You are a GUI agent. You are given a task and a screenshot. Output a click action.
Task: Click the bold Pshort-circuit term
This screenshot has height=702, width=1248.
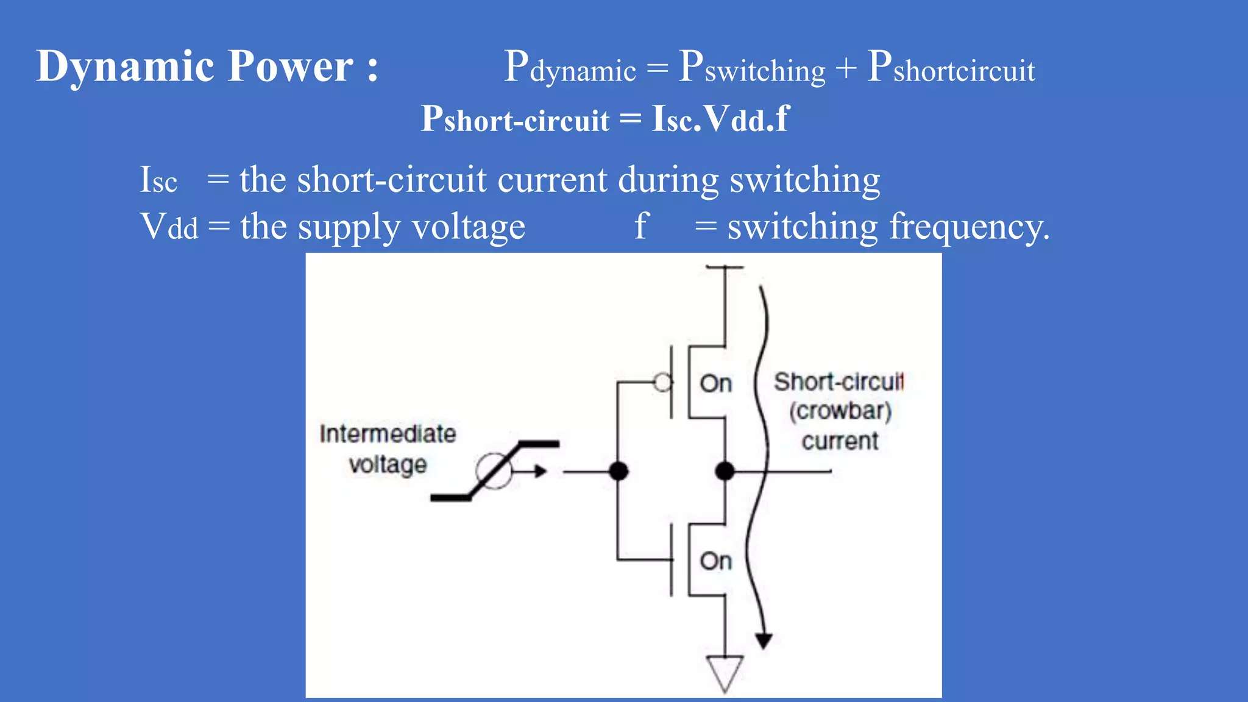click(x=515, y=118)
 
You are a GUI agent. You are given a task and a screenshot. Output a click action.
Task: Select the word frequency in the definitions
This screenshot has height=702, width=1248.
click(x=969, y=227)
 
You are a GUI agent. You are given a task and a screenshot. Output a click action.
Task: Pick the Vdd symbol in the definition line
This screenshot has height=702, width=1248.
click(x=169, y=227)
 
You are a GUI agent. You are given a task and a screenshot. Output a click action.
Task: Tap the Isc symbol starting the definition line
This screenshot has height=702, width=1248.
click(x=158, y=180)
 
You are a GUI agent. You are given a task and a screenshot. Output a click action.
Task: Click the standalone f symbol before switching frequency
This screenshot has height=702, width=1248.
click(x=641, y=225)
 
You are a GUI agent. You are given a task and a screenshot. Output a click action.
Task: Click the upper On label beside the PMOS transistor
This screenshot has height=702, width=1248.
click(x=715, y=384)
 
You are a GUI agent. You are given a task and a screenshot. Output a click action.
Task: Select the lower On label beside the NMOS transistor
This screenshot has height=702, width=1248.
click(x=715, y=561)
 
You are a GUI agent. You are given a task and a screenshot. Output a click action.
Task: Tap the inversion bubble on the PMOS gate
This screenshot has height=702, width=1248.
click(x=662, y=383)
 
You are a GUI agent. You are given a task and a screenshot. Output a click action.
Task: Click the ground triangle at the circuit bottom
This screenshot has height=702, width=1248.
click(x=725, y=672)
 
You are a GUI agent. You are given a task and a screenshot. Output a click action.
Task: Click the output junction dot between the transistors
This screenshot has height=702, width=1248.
click(x=725, y=471)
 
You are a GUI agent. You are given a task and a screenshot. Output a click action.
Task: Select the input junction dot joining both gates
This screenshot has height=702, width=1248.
click(x=619, y=471)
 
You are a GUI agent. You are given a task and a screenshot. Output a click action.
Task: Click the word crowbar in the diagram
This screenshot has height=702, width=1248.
click(x=840, y=411)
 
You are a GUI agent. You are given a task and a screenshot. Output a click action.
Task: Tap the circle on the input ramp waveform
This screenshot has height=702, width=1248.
click(x=494, y=471)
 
